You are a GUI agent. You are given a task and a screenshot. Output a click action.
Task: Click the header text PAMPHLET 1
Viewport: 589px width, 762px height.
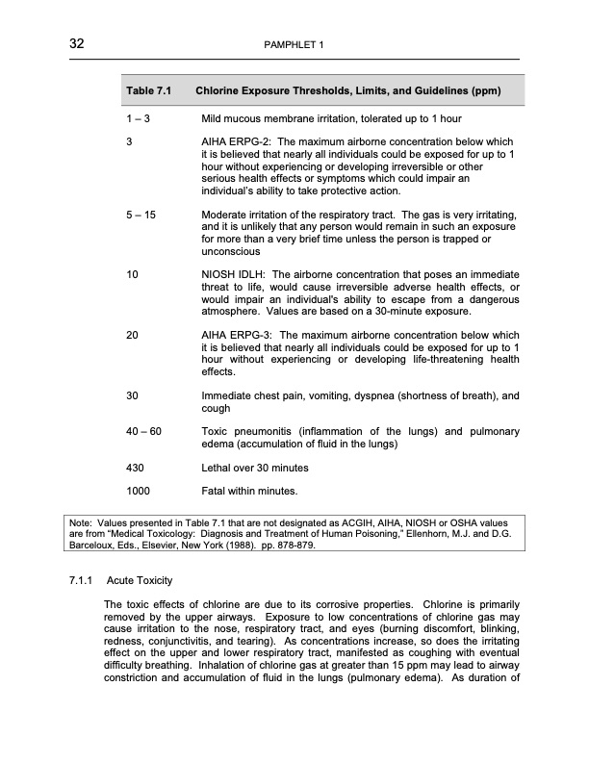tap(294, 45)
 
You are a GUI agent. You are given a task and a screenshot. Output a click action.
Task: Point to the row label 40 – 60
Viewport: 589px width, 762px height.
tap(144, 431)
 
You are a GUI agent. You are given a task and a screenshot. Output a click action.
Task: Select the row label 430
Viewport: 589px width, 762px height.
tap(136, 468)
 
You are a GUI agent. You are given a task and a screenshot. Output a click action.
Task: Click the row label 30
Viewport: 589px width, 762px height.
tap(133, 395)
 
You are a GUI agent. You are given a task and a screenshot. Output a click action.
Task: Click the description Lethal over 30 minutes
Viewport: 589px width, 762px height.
tap(254, 468)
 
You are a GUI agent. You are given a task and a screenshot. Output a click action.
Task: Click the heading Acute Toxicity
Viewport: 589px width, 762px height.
tap(141, 582)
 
